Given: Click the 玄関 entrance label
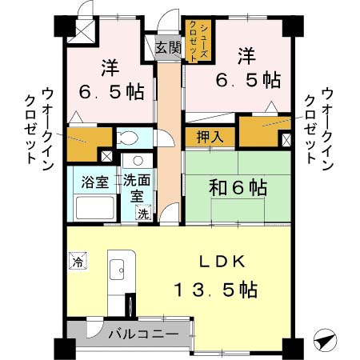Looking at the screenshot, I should (x=168, y=46).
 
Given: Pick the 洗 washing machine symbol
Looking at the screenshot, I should (x=142, y=213).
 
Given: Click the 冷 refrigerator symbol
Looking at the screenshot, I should (x=78, y=261).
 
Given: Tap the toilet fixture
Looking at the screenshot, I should (x=127, y=137).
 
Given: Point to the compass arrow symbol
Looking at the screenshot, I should (x=323, y=340).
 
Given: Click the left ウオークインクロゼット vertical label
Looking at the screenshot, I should (x=36, y=126).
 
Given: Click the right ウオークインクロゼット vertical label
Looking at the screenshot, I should (x=319, y=126).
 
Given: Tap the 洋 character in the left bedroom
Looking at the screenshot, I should (x=110, y=66).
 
